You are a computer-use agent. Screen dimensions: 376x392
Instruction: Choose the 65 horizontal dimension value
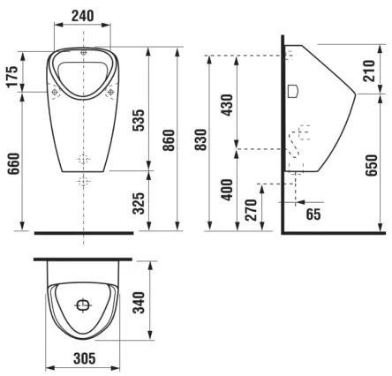pyautogui.click(x=313, y=214)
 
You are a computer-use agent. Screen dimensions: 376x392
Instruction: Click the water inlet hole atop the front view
pyautogui.click(x=83, y=52)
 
